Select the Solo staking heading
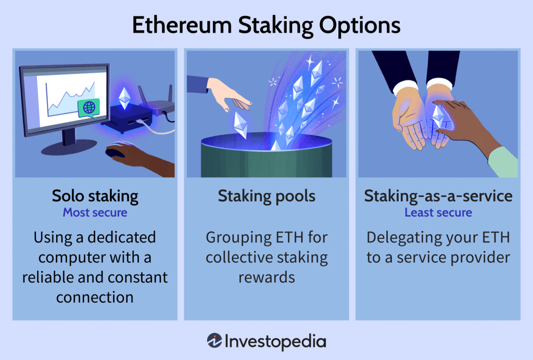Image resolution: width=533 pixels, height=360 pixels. pos(95,196)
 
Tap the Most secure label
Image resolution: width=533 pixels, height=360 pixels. pos(95,212)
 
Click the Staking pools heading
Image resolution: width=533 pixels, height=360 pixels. pos(266,196)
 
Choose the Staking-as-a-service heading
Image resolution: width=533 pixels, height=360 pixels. pos(438,196)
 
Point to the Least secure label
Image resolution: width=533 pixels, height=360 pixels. pos(438,212)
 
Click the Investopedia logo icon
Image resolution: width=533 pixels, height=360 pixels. pos(214,341)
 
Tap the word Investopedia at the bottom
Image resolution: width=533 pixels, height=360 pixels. pos(275,341)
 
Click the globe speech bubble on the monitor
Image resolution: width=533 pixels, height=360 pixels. pos(88,107)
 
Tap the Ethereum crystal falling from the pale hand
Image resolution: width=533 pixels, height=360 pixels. pos(240,124)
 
